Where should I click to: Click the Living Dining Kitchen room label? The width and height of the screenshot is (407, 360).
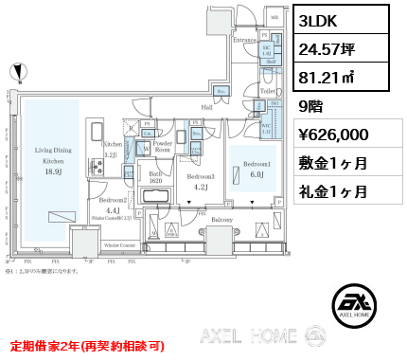(54, 156)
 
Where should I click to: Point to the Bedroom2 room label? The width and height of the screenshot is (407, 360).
(113, 201)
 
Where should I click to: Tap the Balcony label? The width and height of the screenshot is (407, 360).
(221, 220)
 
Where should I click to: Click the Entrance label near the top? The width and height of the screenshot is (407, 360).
(246, 40)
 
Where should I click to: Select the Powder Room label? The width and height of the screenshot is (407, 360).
(163, 148)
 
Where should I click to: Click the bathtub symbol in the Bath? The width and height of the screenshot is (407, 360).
(153, 196)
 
